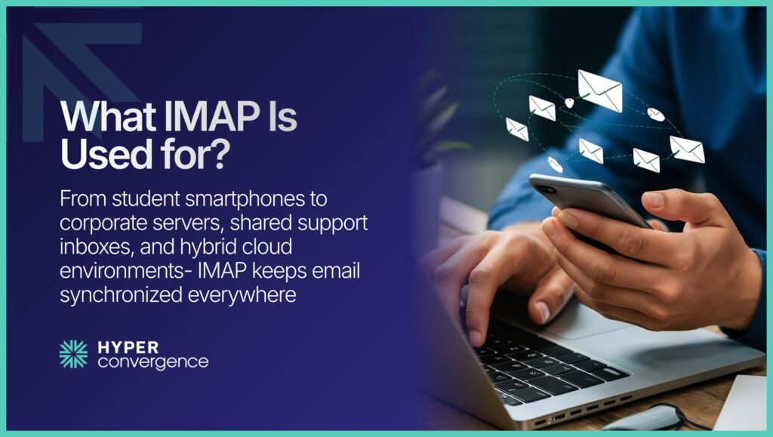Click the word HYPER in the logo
pyautogui.click(x=128, y=346)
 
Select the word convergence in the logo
pyautogui.click(x=152, y=362)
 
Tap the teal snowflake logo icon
pyautogui.click(x=73, y=354)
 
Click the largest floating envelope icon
pyautogui.click(x=600, y=91)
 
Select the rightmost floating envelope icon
pyautogui.click(x=686, y=149)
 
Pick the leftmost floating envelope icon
pyautogui.click(x=517, y=128)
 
